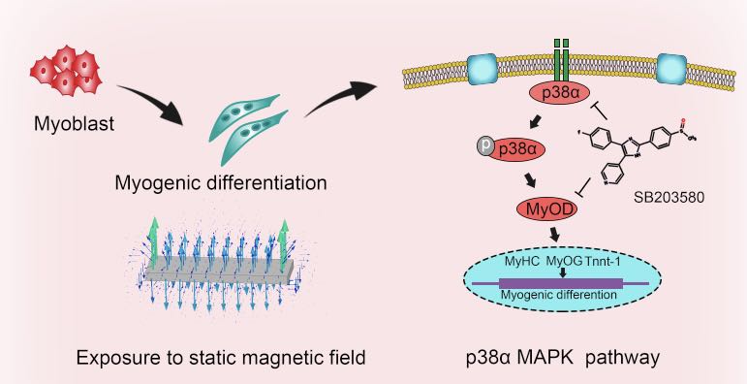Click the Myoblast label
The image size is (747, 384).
(74, 123)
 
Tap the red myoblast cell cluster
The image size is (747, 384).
(66, 71)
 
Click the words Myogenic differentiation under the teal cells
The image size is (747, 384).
(221, 183)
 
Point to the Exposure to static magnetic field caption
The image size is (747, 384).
(221, 357)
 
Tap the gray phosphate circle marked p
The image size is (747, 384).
(485, 146)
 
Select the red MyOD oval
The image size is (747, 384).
(547, 208)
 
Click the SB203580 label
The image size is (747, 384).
(669, 197)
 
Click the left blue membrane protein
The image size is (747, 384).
(482, 70)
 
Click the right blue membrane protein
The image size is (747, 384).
(671, 69)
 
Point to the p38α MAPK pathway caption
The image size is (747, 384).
(563, 358)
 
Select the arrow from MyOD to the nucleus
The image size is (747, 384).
(555, 234)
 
